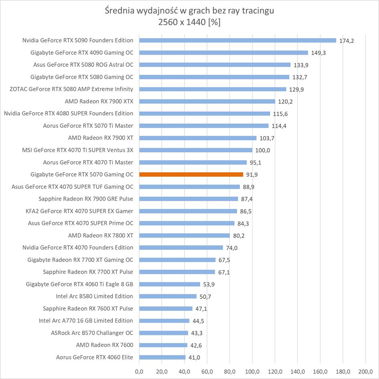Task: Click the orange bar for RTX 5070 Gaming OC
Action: (191, 174)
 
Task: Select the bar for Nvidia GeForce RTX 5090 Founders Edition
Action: (237, 40)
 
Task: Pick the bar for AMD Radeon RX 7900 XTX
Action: (207, 101)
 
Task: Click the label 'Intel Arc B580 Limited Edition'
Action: (94, 296)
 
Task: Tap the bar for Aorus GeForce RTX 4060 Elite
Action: (162, 357)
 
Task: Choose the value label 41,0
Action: (195, 358)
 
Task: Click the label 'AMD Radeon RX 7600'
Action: (104, 345)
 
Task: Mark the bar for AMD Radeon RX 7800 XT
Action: (184, 236)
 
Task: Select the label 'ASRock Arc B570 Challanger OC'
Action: (92, 333)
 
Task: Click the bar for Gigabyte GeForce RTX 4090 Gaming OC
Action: (223, 52)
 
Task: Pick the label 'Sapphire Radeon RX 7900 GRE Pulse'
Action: (86, 199)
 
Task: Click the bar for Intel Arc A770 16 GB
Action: (164, 321)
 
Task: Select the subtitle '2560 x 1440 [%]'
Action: (189, 22)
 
